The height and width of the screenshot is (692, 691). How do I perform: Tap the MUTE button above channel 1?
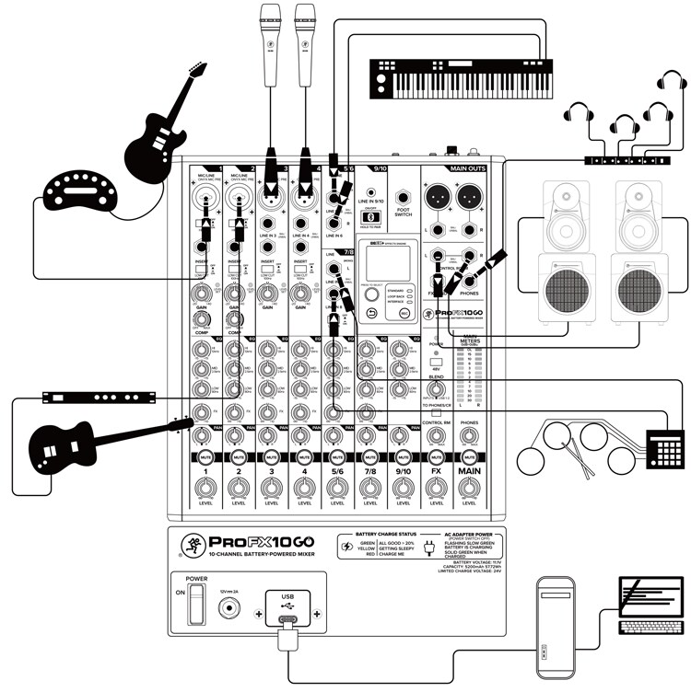click(x=205, y=456)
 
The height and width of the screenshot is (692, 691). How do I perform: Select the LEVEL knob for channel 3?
click(x=271, y=487)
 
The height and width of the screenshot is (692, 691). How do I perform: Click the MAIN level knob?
click(x=469, y=487)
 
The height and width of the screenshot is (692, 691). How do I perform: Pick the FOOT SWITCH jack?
click(x=403, y=197)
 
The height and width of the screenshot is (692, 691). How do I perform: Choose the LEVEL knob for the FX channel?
click(x=436, y=487)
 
